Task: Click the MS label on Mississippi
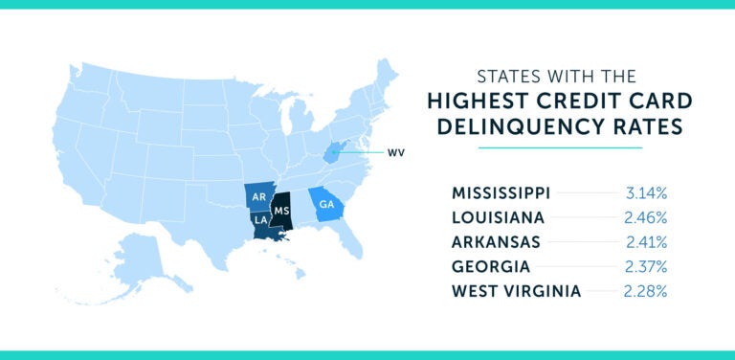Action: coord(281,209)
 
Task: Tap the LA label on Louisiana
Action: coord(260,220)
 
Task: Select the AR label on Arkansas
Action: coord(258,197)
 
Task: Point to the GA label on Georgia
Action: coord(327,203)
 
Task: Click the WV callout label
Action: coord(395,152)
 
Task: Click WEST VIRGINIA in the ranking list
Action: coord(515,291)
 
